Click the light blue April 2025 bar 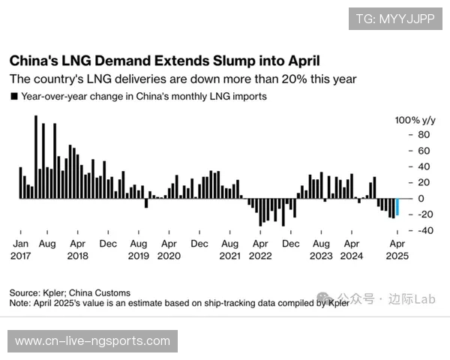coord(397,207)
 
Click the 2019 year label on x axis coord(138,256)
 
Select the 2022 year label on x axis coord(260,256)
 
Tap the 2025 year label coord(397,256)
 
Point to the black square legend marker coord(13,97)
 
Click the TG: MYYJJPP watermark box coord(394,19)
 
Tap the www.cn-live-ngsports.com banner coord(92,341)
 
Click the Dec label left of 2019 coord(108,244)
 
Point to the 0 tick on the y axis coord(421,199)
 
